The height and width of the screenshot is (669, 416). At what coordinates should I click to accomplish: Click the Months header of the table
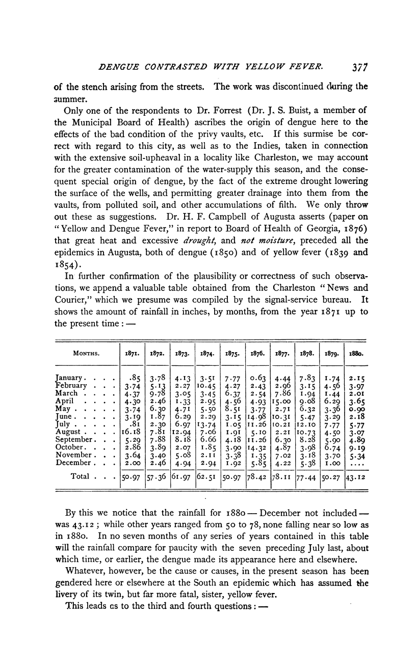[85, 352]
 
